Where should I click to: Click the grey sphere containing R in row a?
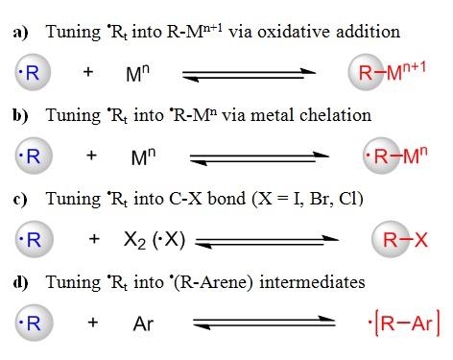click(x=28, y=72)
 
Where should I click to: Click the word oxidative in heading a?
click(x=277, y=32)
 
